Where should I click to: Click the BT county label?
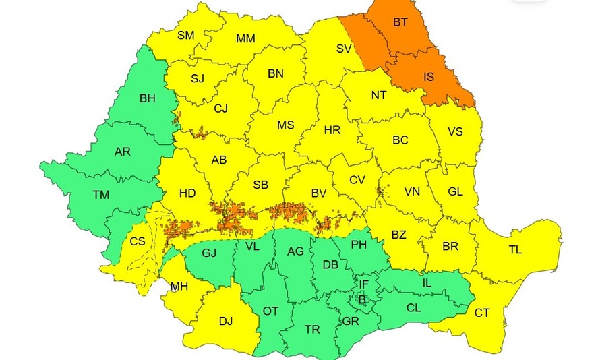click(400, 22)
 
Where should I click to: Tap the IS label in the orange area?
click(429, 77)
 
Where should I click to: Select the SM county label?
click(186, 35)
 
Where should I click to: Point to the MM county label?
click(245, 39)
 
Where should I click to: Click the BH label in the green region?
click(147, 98)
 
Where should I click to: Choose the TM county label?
click(101, 196)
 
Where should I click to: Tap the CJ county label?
click(222, 108)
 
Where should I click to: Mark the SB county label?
click(262, 185)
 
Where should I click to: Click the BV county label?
click(319, 193)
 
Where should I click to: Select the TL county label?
click(515, 250)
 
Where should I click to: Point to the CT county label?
click(482, 313)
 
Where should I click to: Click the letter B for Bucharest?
click(361, 298)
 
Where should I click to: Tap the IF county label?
click(363, 284)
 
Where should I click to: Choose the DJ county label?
click(225, 321)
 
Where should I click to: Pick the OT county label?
click(271, 311)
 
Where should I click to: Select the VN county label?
click(412, 192)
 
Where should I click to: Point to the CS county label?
click(138, 241)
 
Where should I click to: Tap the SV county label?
click(345, 49)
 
